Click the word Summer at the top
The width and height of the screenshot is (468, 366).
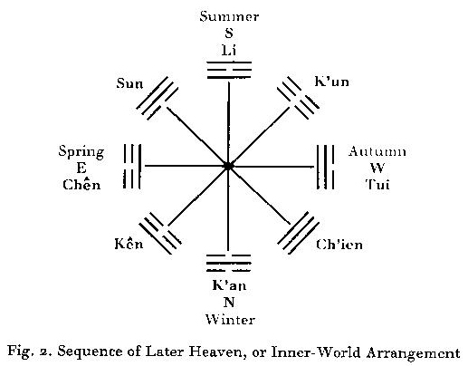(229, 16)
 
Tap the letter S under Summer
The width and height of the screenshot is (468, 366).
(229, 33)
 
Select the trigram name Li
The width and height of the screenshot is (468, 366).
(229, 50)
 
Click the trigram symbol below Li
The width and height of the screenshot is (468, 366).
(229, 70)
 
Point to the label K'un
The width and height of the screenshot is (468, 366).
(331, 82)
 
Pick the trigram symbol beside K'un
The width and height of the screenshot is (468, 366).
(298, 98)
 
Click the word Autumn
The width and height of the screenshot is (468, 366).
(377, 151)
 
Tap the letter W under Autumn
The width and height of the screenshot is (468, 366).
(377, 168)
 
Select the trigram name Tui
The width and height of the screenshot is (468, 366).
(377, 184)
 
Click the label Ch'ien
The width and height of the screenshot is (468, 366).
(339, 244)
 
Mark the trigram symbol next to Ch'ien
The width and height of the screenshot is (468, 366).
(298, 233)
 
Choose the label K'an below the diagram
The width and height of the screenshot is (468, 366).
(229, 285)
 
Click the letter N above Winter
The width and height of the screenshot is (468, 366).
(229, 302)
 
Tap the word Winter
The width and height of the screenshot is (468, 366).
(230, 319)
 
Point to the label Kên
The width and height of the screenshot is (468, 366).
(129, 243)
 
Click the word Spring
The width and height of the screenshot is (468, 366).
(81, 152)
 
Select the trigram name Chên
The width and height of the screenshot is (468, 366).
(81, 184)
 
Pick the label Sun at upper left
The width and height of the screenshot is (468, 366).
(129, 83)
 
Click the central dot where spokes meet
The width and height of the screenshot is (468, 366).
(228, 166)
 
